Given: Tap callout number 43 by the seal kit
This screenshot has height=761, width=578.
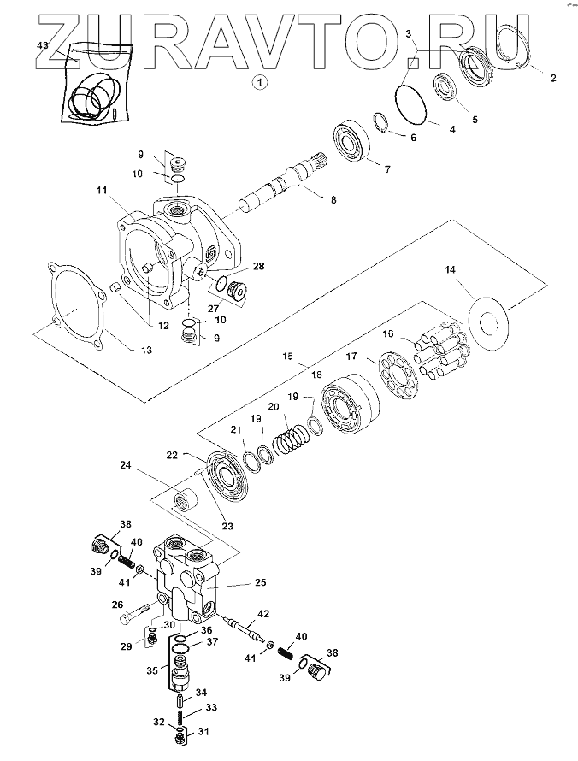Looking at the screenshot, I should [x=43, y=44].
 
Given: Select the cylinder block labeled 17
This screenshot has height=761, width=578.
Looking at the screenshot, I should [x=345, y=410].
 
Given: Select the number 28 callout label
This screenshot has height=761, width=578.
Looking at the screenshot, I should [x=258, y=266].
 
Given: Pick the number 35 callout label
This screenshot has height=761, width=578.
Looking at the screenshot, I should [x=152, y=671].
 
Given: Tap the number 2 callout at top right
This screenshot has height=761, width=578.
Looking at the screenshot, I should [x=552, y=78].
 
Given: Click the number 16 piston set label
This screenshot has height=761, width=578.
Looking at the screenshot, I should [x=388, y=333].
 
